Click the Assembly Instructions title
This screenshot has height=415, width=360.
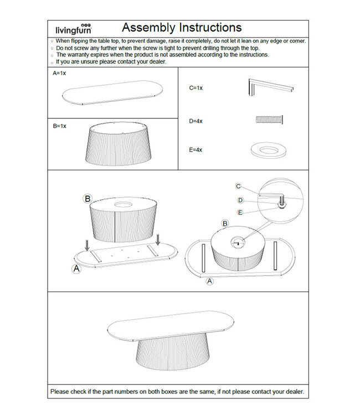point(182,28)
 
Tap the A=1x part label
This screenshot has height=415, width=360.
point(59,73)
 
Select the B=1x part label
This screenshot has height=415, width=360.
point(59,126)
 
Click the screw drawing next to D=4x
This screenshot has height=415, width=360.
point(270,120)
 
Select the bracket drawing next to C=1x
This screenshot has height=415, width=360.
point(270,87)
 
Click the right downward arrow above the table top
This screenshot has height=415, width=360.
point(158,239)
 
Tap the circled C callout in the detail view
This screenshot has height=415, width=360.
point(238,186)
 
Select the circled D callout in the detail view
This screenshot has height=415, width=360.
point(240,200)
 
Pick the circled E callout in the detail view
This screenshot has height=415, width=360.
point(240,212)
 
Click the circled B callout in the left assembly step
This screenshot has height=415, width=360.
point(87,198)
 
